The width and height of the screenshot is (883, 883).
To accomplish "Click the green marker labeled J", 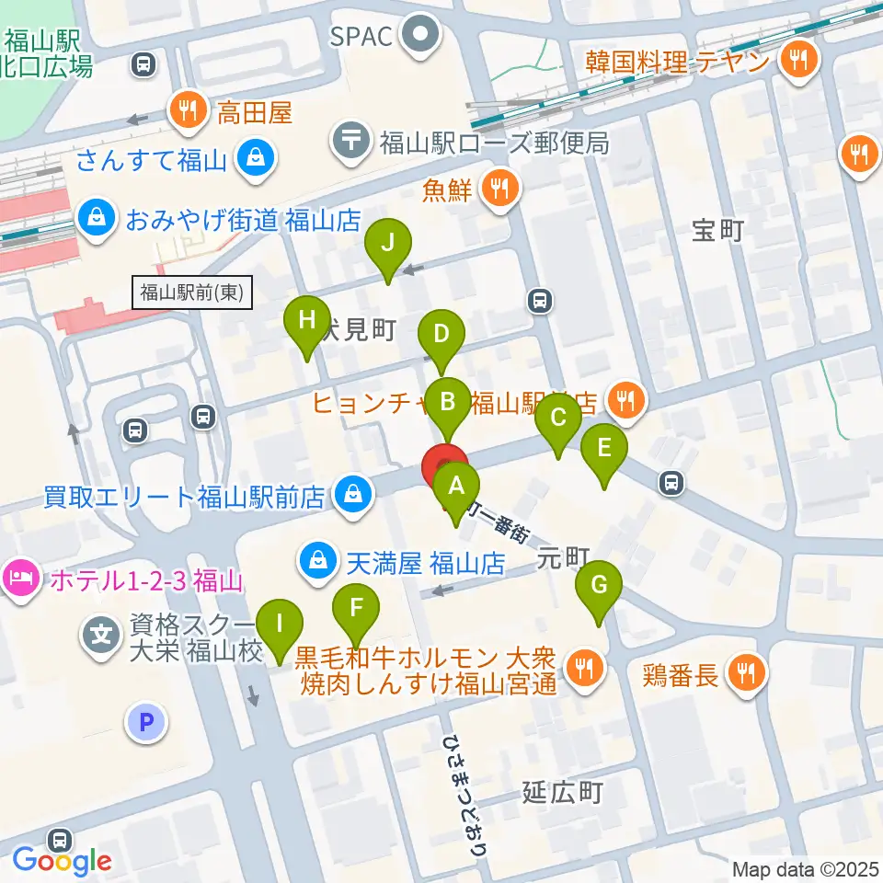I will click(x=388, y=245).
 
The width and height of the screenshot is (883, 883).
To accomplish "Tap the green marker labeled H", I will click(x=306, y=321).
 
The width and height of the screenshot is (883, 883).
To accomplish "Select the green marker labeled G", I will click(x=599, y=585).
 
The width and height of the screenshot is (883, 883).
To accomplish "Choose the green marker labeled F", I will click(x=356, y=608).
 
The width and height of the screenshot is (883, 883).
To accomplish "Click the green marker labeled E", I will click(x=604, y=450).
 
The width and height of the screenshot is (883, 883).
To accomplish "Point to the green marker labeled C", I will click(x=557, y=419).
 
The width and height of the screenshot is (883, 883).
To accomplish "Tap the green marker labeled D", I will click(x=441, y=335).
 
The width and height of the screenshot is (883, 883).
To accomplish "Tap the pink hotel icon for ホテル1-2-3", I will click(x=19, y=580).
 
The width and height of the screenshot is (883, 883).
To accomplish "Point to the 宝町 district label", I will click(x=718, y=231).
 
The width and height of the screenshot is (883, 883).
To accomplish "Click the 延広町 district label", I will click(x=561, y=792).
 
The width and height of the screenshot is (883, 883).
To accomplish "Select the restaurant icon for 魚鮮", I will click(x=500, y=190).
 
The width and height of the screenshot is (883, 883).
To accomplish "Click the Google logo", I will click(x=62, y=861).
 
